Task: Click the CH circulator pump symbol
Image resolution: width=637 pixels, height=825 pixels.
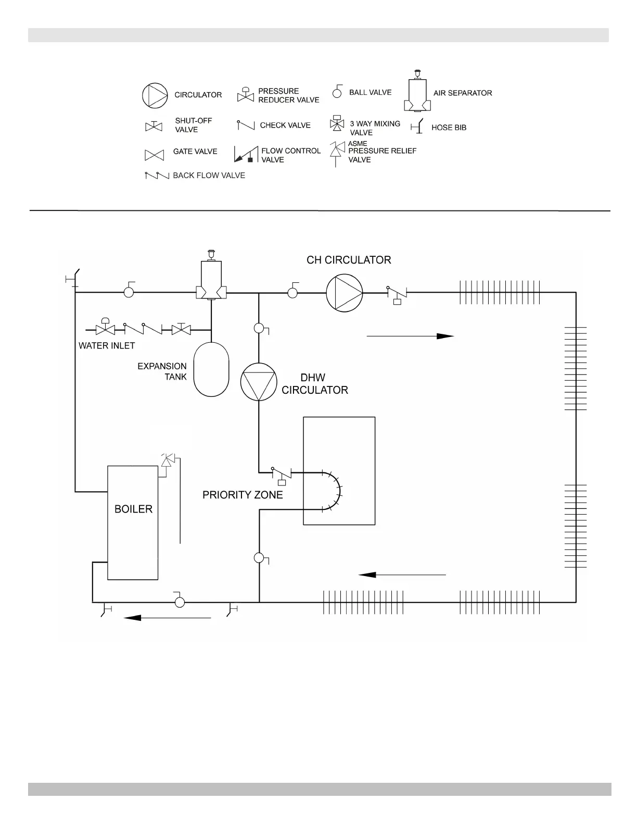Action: [344, 293]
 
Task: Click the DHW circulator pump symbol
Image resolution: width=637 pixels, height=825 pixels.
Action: [259, 382]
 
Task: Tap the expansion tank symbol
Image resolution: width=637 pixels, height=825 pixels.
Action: [211, 369]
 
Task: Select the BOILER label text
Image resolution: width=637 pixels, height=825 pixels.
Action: [133, 509]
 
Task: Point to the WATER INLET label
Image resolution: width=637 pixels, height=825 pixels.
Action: [107, 346]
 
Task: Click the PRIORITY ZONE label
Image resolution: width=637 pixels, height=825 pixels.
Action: [243, 495]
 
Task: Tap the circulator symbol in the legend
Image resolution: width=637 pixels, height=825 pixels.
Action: [155, 95]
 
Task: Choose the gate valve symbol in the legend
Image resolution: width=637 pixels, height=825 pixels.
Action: [154, 155]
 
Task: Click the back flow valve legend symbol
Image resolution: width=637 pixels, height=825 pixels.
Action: [157, 176]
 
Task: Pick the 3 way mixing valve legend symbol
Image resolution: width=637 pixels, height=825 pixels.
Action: [337, 124]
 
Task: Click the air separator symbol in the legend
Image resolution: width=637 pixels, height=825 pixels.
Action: [417, 92]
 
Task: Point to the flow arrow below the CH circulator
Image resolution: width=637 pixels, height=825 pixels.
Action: [410, 336]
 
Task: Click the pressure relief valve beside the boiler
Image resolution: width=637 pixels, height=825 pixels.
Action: [167, 461]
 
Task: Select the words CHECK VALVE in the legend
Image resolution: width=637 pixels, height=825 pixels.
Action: [285, 126]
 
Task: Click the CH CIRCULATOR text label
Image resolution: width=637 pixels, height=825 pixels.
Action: [349, 260]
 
